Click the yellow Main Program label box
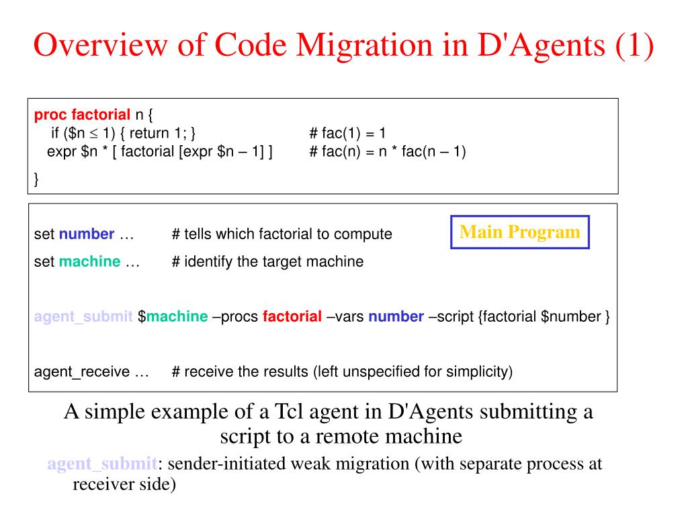point(519,232)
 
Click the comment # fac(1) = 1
point(347,133)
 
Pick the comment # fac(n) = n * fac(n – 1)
point(388,151)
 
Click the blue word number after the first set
point(87,234)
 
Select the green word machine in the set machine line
point(90,261)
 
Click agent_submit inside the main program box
point(83,316)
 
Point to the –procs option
point(235,316)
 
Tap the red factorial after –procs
point(292,316)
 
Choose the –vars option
point(345,316)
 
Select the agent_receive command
point(83,372)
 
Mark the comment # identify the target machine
point(267,261)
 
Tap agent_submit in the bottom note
point(101,464)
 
